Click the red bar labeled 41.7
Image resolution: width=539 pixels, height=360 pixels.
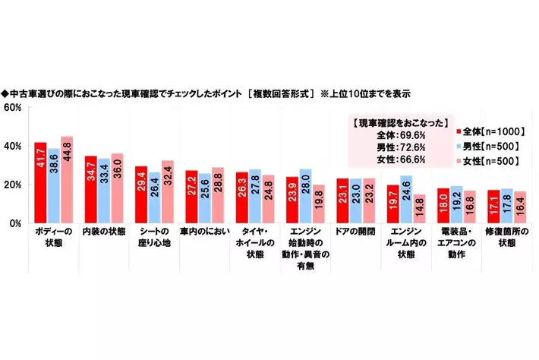coord(40,182)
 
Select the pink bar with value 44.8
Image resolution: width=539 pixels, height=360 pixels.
coord(67,179)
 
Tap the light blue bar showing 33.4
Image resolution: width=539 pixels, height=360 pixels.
coord(104,191)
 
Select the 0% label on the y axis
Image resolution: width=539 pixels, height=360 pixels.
coord(14,223)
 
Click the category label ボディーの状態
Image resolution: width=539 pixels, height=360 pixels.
coord(53,235)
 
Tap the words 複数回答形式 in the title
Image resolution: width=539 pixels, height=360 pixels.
coord(278,94)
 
